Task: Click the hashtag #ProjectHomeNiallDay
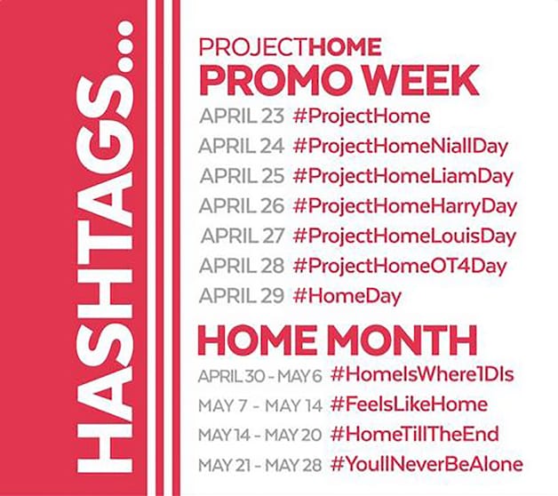pos(401,147)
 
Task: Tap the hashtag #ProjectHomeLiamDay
pos(403,177)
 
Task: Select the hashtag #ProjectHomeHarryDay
pos(405,206)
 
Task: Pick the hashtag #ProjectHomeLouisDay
pos(404,236)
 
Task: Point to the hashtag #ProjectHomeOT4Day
pos(400,267)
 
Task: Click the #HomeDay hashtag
pos(347,296)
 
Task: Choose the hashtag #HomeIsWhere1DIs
pos(422,374)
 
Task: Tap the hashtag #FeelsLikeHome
pos(410,404)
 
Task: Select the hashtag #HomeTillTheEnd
pos(415,435)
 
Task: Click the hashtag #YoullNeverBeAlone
pos(426,464)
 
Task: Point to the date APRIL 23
pos(242,116)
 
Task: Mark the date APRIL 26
pos(242,206)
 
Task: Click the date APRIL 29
pos(242,296)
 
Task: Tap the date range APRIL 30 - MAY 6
pos(260,376)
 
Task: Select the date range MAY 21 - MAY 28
pos(260,465)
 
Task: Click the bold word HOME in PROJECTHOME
pos(345,46)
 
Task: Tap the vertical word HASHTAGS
pos(106,247)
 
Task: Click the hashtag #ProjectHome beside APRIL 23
pos(362,116)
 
